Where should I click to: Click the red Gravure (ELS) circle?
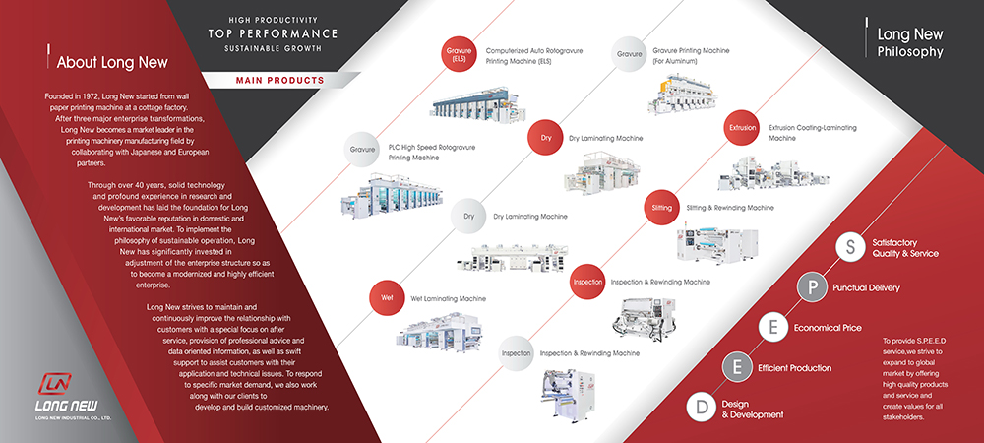coord(459,54)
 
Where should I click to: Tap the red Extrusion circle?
coord(742,128)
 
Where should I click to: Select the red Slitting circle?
coord(661,208)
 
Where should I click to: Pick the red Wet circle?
coord(387,298)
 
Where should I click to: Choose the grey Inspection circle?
coord(517,353)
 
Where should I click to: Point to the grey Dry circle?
coord(468,217)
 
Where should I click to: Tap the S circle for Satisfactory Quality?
coord(850,247)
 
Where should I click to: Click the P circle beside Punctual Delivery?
coord(813,288)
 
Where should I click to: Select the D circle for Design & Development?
coord(702,407)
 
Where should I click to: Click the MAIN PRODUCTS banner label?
coord(279,81)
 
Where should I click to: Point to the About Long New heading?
coord(112,63)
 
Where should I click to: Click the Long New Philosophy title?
coord(910,42)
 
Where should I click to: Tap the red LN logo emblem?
coord(54,383)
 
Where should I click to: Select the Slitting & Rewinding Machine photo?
coord(716,243)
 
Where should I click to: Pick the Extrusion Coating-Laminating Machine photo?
coord(769,172)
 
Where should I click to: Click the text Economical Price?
coord(828,328)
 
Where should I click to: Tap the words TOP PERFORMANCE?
coord(273,33)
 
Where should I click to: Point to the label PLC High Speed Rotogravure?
coord(432,147)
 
